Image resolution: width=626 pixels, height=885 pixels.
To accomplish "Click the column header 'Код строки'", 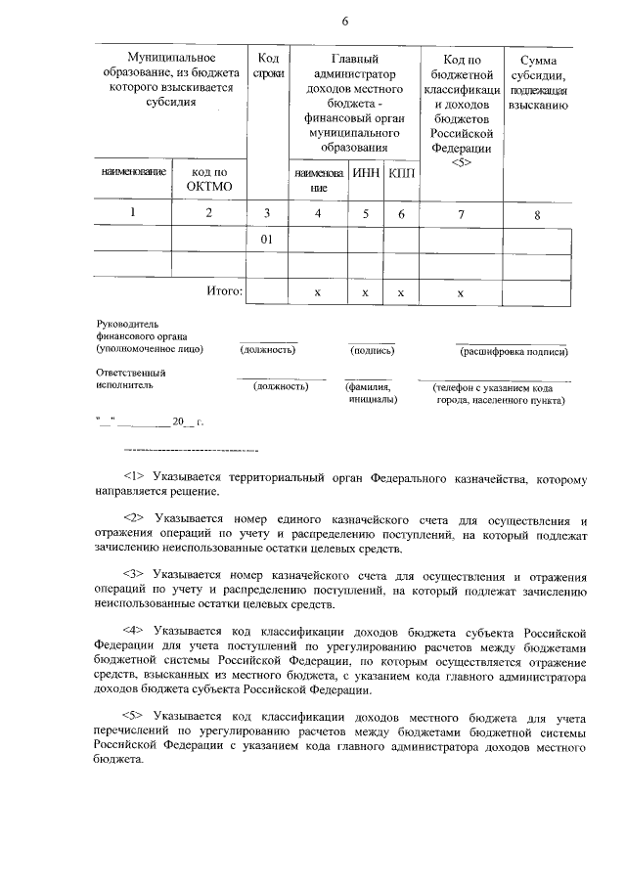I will pos(267,66).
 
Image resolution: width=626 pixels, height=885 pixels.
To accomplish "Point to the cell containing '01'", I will pos(267,239).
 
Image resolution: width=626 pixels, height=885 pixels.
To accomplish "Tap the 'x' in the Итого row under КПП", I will pos(401,292).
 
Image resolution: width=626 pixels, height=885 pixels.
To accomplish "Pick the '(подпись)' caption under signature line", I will pos(372,350).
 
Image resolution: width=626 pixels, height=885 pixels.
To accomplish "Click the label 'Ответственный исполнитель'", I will pos(131,378).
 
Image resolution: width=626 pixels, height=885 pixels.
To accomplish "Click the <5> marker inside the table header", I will pos(462,163).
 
